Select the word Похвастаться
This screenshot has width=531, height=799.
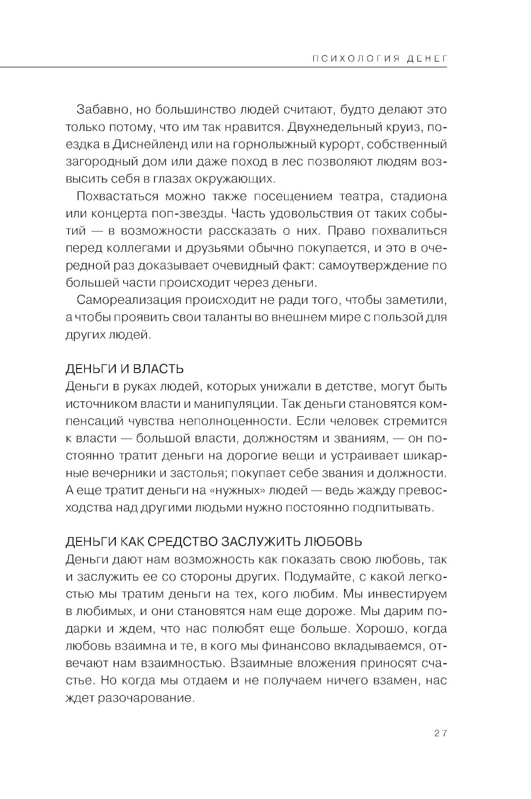click(117, 196)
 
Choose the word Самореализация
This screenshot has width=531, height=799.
click(128, 300)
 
